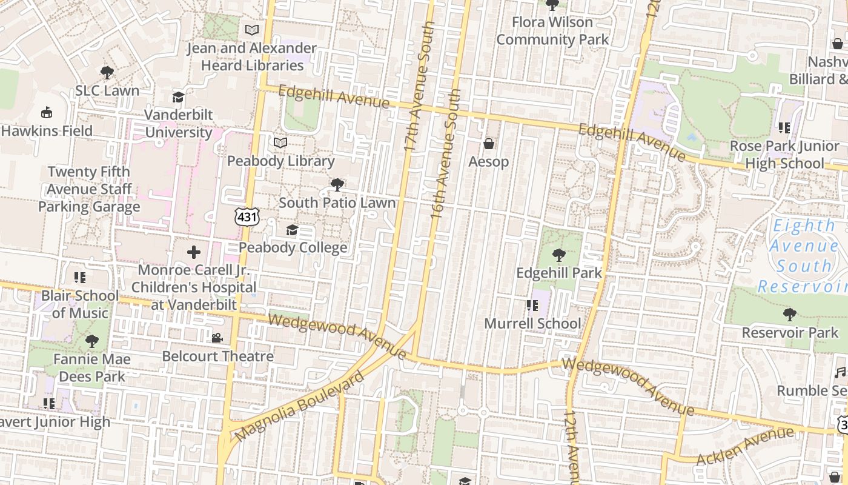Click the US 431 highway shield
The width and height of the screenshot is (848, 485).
pos(248,216)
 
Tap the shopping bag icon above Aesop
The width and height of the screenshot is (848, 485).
pos(488,144)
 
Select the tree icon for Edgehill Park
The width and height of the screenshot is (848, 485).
pos(559,255)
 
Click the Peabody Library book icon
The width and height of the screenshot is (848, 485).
pos(280,142)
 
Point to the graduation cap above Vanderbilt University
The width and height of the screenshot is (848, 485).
pos(178,97)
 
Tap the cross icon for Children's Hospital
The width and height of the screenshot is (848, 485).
pos(194,252)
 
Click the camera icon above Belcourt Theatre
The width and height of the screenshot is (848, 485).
pos(217,338)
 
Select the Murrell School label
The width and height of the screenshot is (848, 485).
pos(532,323)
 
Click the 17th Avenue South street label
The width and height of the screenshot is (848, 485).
pos(420,88)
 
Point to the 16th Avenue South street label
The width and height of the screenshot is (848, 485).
pos(446,155)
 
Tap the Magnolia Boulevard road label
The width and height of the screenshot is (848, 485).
pos(300,406)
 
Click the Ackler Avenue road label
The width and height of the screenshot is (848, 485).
pos(744,446)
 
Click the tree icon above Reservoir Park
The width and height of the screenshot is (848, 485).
pos(789,315)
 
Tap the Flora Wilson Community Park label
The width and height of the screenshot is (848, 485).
pos(552,31)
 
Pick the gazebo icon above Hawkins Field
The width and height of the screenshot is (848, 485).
pos(47,113)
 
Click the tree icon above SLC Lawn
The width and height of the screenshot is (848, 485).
pos(107,73)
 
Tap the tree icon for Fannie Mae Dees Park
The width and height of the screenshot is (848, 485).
pos(92,341)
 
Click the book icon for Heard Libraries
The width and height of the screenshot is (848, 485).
pos(251,30)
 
